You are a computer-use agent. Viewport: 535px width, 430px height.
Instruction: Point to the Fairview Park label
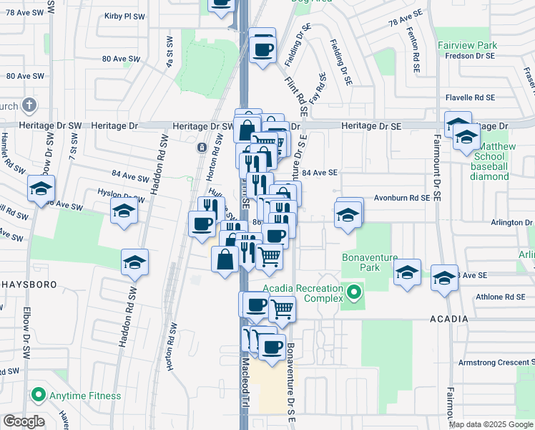point(467,45)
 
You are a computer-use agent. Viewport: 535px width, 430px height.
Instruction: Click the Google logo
point(24,421)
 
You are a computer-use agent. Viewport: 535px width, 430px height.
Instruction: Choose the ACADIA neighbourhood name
point(448,319)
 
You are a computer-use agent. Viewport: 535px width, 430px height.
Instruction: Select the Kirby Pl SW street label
point(124,16)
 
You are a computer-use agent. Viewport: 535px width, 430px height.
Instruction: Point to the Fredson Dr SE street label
point(470,56)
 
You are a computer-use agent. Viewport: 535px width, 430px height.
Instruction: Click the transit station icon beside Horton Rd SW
point(202,148)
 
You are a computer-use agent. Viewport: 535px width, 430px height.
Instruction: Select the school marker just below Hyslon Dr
point(124,211)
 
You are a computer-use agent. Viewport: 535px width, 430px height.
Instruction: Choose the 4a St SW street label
point(170,52)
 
